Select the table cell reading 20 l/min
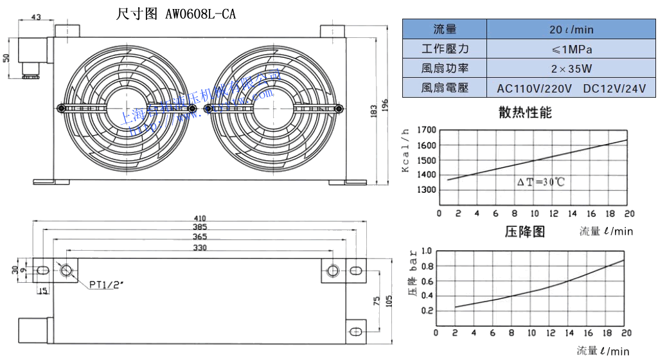pyautogui.click(x=571, y=30)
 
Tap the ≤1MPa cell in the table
pyautogui.click(x=571, y=49)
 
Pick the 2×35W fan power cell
pyautogui.click(x=571, y=68)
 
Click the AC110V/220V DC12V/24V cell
pyautogui.click(x=571, y=88)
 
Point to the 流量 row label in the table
pyautogui.click(x=445, y=30)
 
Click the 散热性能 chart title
pyautogui.click(x=525, y=113)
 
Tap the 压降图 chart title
pyautogui.click(x=524, y=232)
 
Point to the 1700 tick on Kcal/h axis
pyautogui.click(x=427, y=130)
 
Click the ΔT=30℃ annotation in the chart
pyautogui.click(x=540, y=183)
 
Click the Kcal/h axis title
pyautogui.click(x=405, y=150)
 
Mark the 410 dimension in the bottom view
pyautogui.click(x=201, y=218)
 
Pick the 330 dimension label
pyautogui.click(x=200, y=248)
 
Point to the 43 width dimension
pyautogui.click(x=36, y=17)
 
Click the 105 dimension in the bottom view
pyautogui.click(x=387, y=300)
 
